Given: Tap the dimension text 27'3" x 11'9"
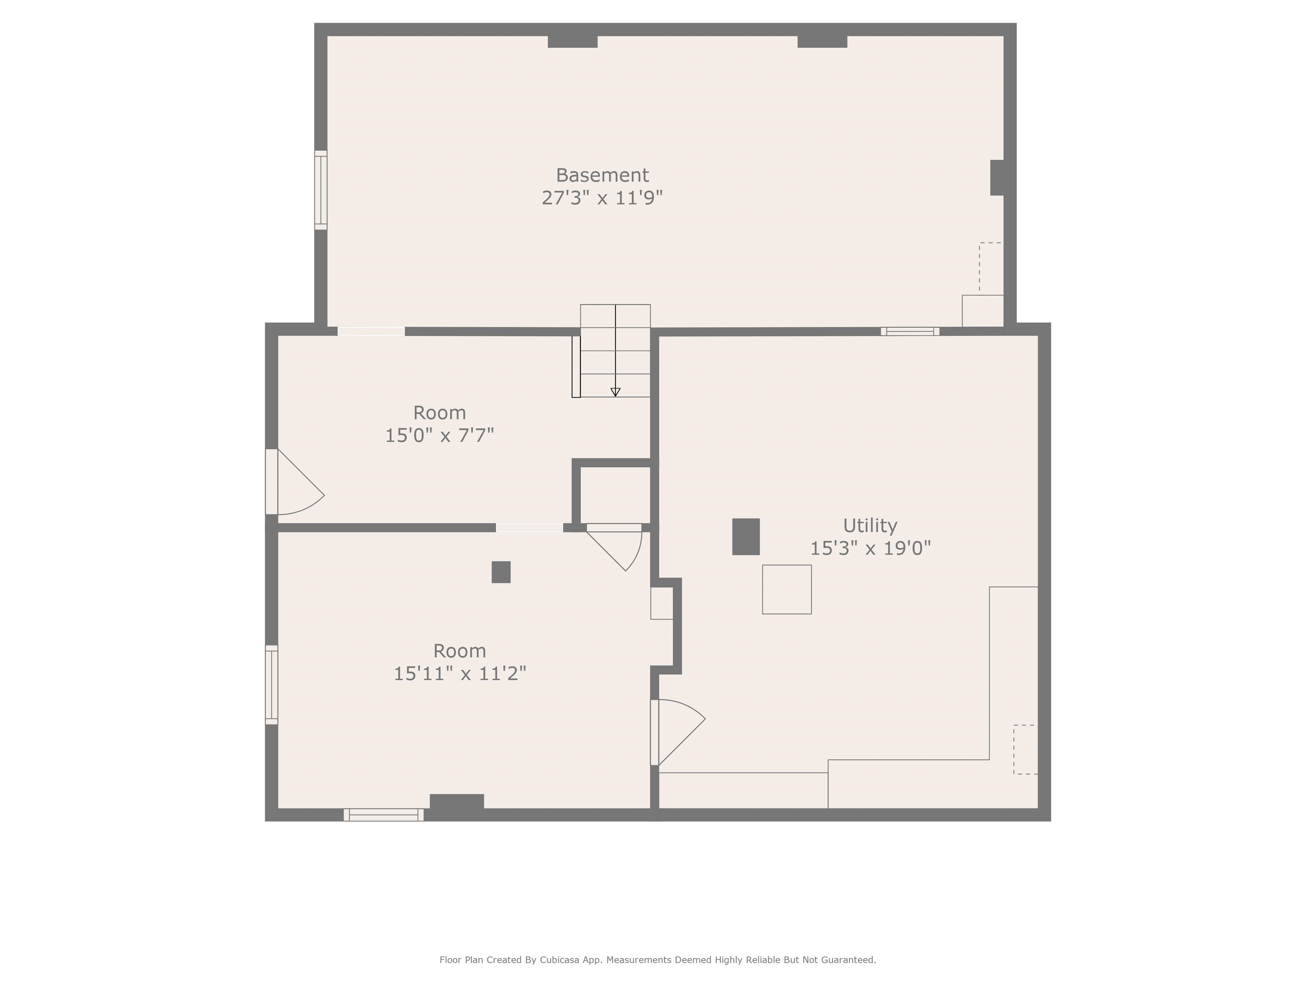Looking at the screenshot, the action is click(602, 197).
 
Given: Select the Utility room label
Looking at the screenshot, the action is click(870, 526).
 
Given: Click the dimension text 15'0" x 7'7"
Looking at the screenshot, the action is click(440, 436).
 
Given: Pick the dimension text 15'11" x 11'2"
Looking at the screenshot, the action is click(460, 673).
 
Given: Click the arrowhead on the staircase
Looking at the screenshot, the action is click(616, 392).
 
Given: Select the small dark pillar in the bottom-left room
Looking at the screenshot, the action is click(501, 572).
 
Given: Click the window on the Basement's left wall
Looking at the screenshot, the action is click(321, 190).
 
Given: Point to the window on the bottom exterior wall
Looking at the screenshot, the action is click(384, 815).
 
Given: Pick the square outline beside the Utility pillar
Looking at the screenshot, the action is click(787, 589).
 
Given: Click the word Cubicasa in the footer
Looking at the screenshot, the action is click(560, 960).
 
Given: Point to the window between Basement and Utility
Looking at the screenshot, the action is click(910, 332).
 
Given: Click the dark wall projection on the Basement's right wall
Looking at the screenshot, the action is click(998, 177).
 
